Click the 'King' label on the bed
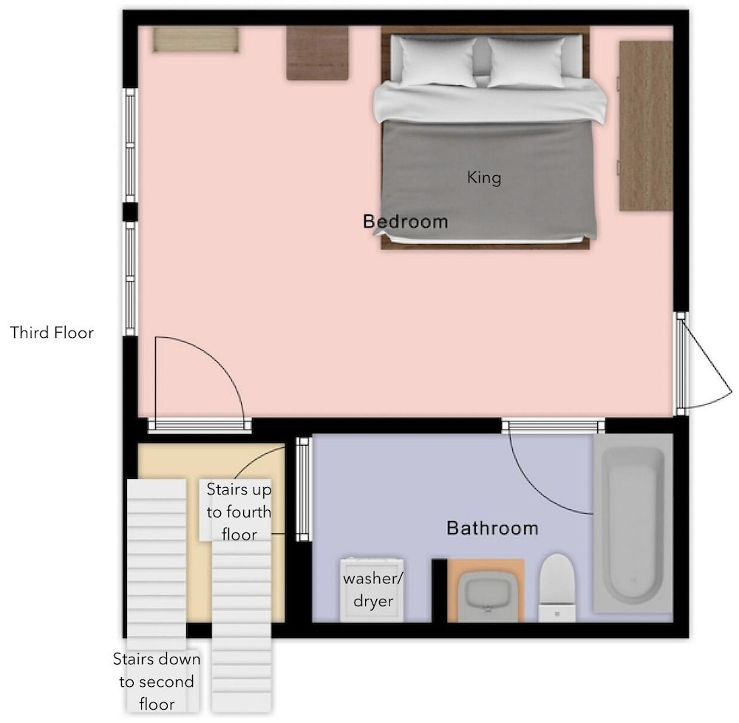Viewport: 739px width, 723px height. click(x=483, y=177)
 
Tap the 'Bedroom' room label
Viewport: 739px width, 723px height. click(x=405, y=222)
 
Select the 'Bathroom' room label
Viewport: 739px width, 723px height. click(x=492, y=528)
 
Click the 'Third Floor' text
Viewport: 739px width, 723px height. click(x=52, y=333)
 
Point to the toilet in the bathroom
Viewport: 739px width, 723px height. click(x=556, y=588)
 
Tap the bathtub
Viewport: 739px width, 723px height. click(x=633, y=523)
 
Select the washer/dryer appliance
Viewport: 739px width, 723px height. click(x=372, y=590)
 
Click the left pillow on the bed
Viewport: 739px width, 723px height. click(x=438, y=62)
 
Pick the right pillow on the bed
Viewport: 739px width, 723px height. click(x=526, y=62)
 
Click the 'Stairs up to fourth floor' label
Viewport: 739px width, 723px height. click(x=239, y=512)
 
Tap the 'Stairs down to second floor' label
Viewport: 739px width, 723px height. click(x=157, y=682)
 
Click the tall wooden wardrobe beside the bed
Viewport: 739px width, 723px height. click(x=646, y=126)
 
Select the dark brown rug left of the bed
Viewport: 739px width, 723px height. click(x=318, y=53)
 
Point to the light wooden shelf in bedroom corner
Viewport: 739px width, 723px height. click(x=196, y=40)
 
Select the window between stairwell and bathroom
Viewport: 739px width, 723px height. click(x=304, y=489)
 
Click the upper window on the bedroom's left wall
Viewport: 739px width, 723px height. click(x=130, y=145)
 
